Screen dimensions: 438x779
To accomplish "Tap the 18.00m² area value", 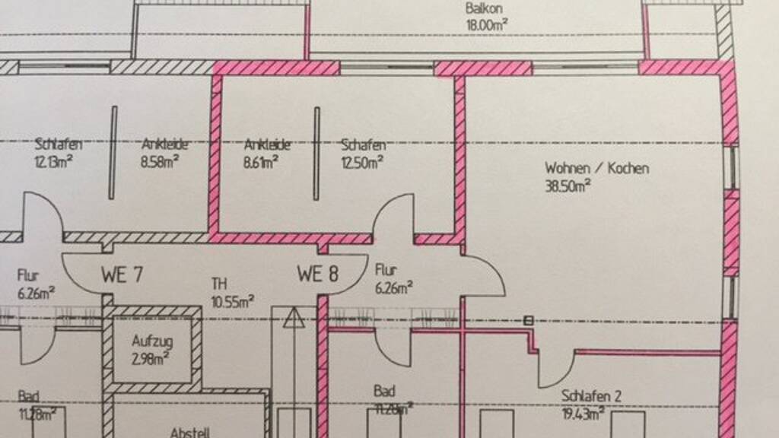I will tap(487, 24).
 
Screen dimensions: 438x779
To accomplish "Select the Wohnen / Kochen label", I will tap(596, 168).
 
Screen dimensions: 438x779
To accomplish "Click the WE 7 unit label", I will tap(122, 274).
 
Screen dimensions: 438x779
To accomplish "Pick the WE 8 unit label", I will tap(318, 274).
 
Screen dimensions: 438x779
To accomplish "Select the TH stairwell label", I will tap(219, 284).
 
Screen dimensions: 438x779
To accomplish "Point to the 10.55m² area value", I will tap(233, 301).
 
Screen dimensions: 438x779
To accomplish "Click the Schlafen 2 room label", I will tap(592, 396).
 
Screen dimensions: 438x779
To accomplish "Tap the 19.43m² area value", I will tap(583, 413).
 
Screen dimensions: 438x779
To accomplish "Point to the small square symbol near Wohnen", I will tap(528, 321).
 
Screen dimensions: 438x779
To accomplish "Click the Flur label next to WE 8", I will tap(386, 270).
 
